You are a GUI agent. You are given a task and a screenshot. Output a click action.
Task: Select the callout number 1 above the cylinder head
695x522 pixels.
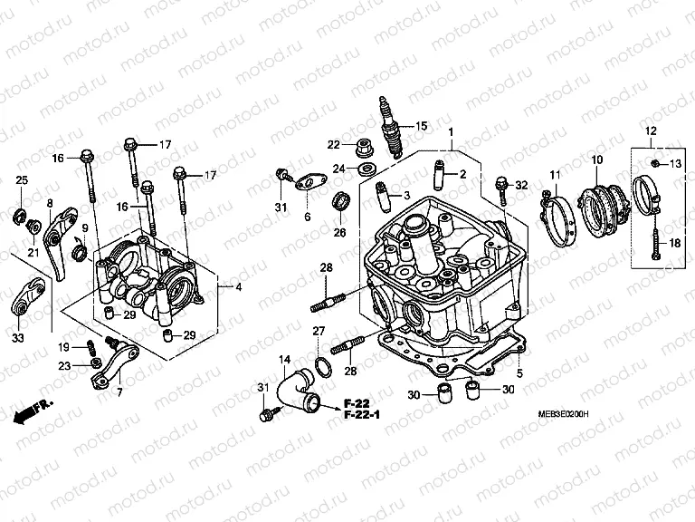(450, 132)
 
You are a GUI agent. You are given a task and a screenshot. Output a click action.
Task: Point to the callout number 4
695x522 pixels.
(238, 287)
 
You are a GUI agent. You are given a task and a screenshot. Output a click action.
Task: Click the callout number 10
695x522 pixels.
(596, 160)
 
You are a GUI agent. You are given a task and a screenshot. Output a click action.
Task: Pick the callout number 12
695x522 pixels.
(650, 132)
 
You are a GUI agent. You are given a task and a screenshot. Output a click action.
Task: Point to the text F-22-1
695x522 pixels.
(363, 416)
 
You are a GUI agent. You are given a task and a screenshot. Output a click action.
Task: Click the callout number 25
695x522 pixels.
(22, 181)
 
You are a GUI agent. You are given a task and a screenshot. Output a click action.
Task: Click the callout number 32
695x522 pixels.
(521, 185)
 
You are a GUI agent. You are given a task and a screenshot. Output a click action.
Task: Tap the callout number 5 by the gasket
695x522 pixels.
(519, 372)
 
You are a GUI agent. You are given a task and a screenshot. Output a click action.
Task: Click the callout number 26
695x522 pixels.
(340, 232)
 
